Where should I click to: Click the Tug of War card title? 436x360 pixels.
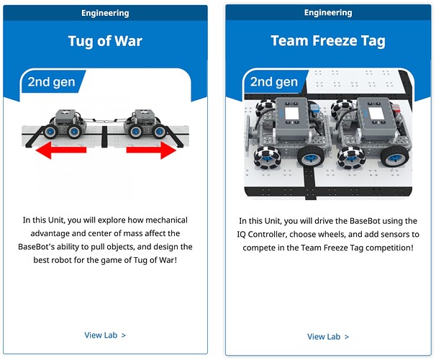[105, 41]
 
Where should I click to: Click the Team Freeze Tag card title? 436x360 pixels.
[328, 41]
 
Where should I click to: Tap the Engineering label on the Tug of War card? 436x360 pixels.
[105, 13]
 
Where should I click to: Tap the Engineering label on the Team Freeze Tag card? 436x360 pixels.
[328, 12]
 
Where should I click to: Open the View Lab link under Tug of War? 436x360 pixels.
[105, 335]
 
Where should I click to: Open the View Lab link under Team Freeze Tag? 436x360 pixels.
[328, 337]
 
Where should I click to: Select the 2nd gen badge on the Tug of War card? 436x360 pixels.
[51, 82]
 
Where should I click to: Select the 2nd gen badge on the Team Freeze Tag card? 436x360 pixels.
[274, 82]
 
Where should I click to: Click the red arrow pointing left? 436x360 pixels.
[61, 150]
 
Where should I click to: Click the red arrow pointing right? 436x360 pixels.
[151, 150]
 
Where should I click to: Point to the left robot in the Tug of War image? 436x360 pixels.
[66, 124]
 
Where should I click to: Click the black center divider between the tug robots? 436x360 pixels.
[104, 136]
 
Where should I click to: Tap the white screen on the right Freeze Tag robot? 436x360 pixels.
[375, 114]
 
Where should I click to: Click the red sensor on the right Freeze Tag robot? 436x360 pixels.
[396, 107]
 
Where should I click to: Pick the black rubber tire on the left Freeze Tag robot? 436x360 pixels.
[312, 157]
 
